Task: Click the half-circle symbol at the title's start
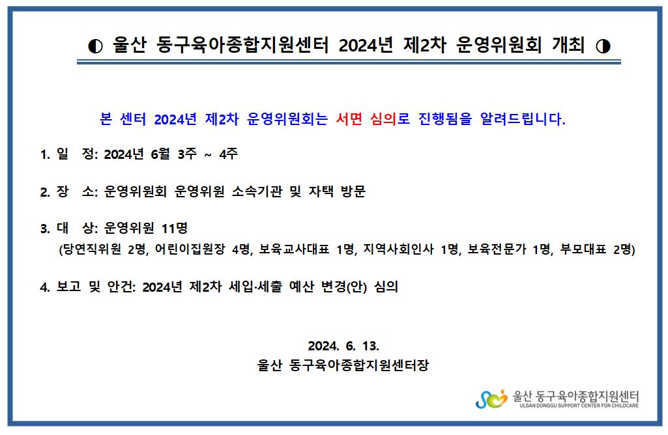point(95,46)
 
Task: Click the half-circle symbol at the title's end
point(603,46)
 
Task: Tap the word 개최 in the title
point(568,45)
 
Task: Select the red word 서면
point(349,119)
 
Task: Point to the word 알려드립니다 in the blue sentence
point(523,119)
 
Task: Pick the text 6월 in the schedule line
point(160,154)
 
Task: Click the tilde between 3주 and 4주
point(208,155)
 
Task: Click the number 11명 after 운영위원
point(175,229)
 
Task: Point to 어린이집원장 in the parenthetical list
point(190,249)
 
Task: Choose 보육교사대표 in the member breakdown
point(295,249)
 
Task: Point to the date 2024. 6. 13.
point(343,346)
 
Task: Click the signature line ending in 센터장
point(343,365)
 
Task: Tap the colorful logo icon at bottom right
point(491,399)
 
